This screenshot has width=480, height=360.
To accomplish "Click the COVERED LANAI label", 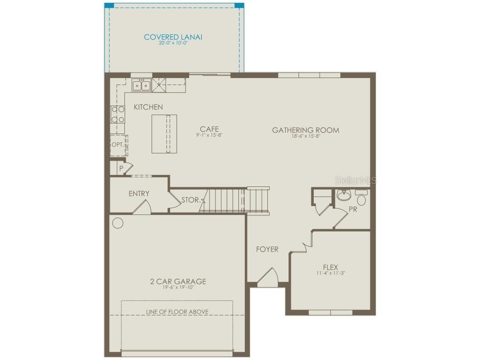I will click(173, 37).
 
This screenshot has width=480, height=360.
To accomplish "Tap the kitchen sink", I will click(141, 85).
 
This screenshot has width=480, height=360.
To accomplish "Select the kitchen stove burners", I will click(118, 114).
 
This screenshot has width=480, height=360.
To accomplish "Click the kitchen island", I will click(164, 134).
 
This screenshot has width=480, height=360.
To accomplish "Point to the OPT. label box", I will click(118, 145).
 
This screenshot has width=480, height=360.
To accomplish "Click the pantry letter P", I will click(121, 169).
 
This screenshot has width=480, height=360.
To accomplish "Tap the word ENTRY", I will click(139, 194).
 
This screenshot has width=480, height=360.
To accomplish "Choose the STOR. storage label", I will click(190, 200).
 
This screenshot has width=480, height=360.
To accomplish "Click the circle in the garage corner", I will click(118, 224).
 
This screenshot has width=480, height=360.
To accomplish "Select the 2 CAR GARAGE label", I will click(178, 281).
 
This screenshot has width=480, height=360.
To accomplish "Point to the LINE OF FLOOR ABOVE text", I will click(177, 312).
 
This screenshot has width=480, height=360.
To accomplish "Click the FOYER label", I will click(267, 249).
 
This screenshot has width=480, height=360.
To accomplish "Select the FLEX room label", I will click(330, 267).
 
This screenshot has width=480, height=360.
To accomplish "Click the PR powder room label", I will click(353, 209).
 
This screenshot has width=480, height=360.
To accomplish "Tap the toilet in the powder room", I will click(361, 199).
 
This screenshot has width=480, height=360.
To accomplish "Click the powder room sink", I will click(343, 196).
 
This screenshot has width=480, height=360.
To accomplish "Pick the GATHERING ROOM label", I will click(306, 130).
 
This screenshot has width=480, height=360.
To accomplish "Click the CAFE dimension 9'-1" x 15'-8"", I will click(209, 135).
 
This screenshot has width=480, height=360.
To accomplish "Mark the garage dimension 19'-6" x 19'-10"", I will click(178, 288).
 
